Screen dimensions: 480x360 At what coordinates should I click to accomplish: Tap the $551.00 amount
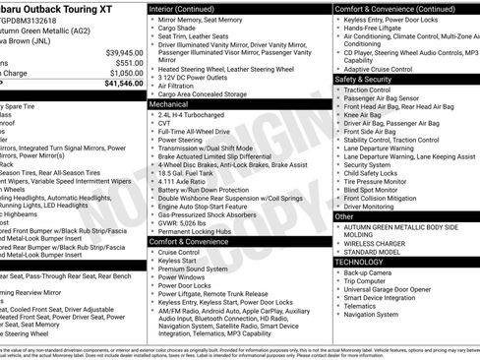pyautogui.click(x=130, y=63)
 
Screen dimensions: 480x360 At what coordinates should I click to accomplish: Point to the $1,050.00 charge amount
pyautogui.click(x=127, y=74)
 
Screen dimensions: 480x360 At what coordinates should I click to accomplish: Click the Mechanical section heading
pyautogui.click(x=169, y=103)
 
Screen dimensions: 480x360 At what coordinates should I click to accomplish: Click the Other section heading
pyautogui.click(x=344, y=215)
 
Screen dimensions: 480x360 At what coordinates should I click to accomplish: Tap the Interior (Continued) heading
pyautogui.click(x=189, y=8)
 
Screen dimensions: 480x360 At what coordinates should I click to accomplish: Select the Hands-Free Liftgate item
pyautogui.click(x=379, y=29)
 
